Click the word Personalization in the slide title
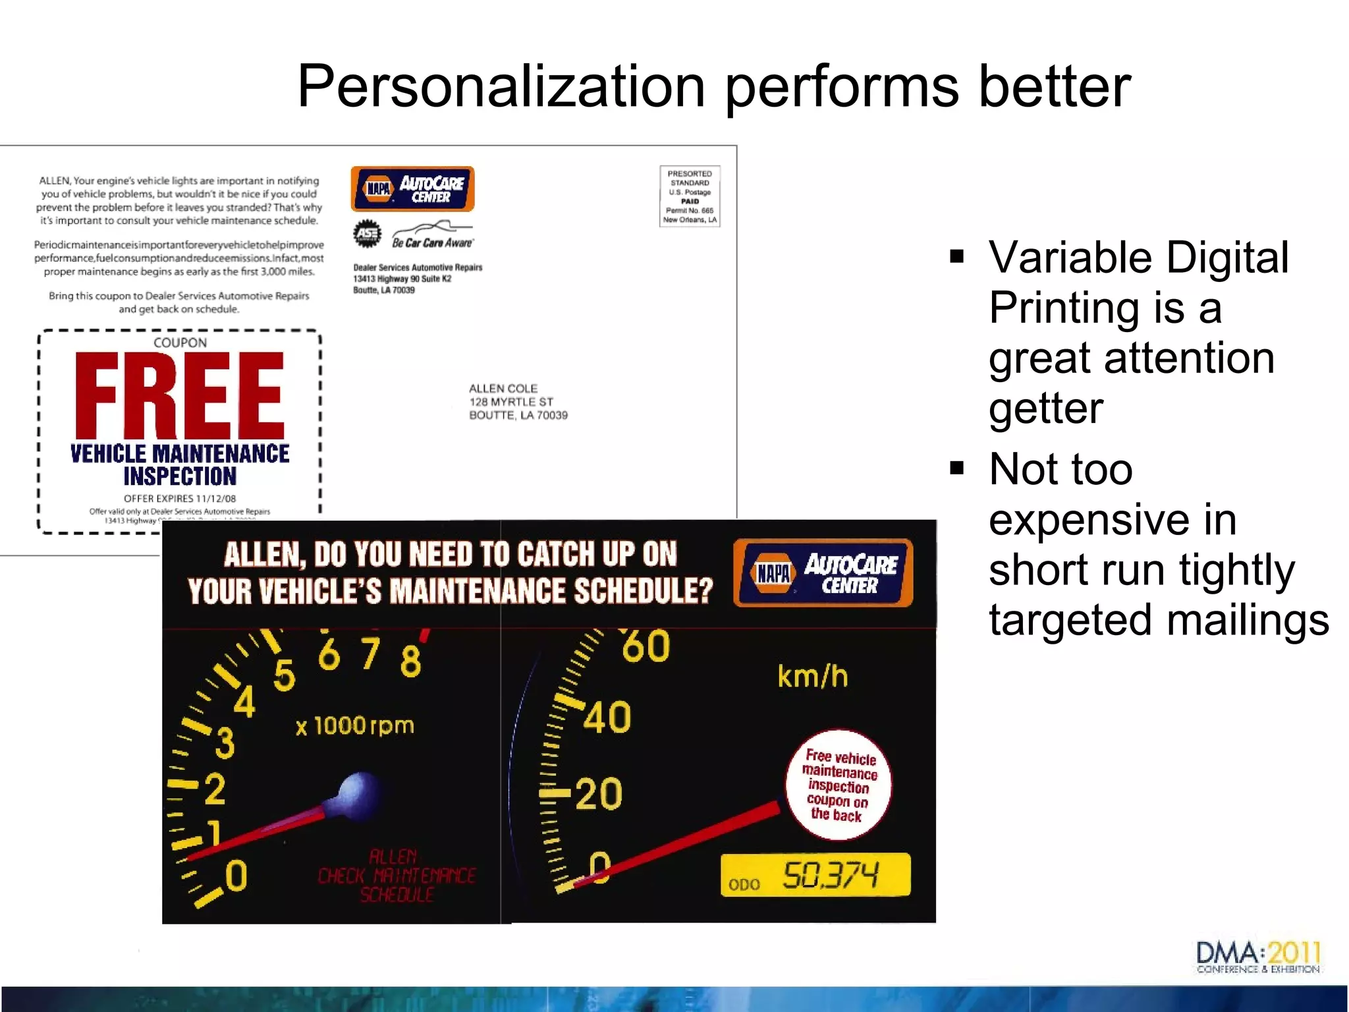[501, 88]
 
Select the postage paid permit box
[690, 196]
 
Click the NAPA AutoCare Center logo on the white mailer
[412, 189]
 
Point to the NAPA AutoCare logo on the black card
[823, 573]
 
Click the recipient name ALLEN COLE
[503, 389]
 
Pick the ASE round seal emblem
[367, 234]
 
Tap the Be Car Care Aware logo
[433, 236]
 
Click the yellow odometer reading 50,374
[830, 876]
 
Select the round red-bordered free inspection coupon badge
[838, 785]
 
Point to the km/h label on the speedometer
[812, 677]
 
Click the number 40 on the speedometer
[607, 717]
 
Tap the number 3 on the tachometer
[225, 743]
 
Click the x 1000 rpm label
[355, 726]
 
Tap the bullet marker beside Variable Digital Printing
[957, 256]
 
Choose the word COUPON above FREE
[180, 343]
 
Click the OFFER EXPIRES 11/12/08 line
[180, 499]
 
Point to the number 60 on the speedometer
[646, 646]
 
